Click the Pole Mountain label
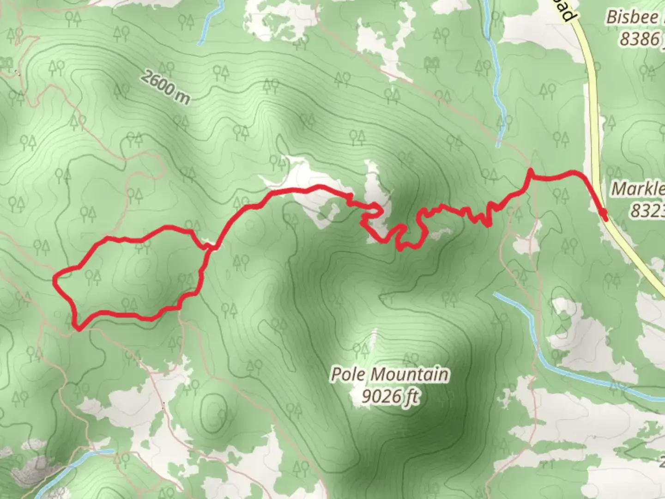pos(389,374)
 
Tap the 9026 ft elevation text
pos(391,396)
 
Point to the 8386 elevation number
pos(640,39)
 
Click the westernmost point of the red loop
pos(54,279)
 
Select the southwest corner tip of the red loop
pos(79,329)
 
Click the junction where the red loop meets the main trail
pos(212,248)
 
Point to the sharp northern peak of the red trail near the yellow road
pos(531,170)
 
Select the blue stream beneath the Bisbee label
pos(496,92)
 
